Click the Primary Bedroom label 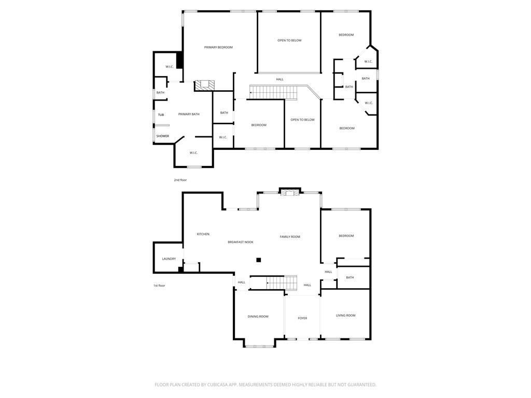click(218, 47)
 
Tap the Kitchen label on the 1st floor click(203, 234)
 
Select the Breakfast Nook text click(241, 242)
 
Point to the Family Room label click(290, 237)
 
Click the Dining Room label click(258, 316)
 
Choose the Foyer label click(302, 318)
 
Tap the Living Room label click(345, 316)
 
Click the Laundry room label click(169, 259)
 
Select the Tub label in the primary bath click(161, 115)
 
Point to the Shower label click(163, 136)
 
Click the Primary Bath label click(189, 114)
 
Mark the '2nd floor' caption click(180, 180)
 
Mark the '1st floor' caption click(159, 286)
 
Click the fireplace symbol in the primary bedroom click(204, 86)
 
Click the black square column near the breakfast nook click(259, 260)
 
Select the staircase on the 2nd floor click(274, 92)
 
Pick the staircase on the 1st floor click(282, 282)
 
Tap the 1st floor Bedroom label click(346, 236)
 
